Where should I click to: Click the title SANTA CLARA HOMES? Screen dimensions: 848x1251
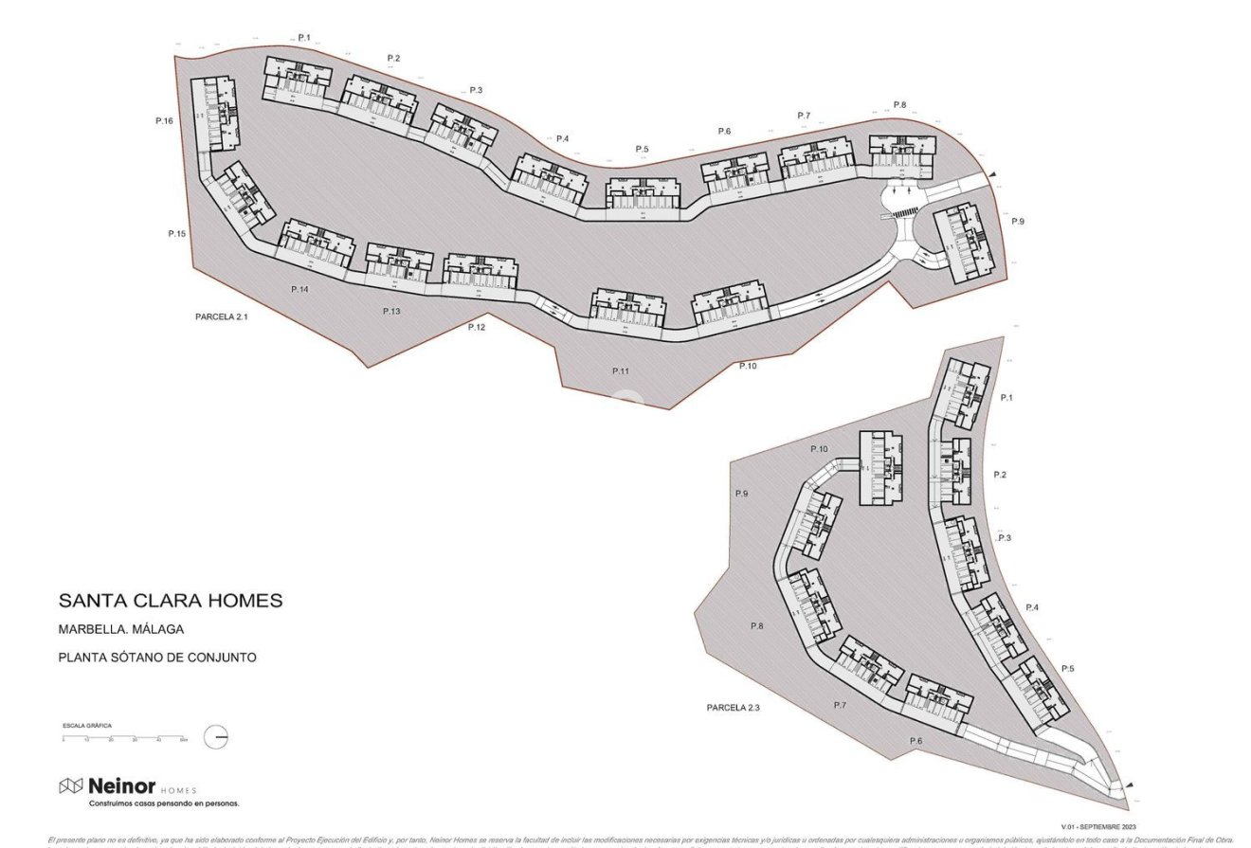(171, 601)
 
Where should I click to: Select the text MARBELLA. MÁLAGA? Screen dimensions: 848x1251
(120, 629)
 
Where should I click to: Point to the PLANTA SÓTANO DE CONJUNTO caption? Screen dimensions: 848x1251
(157, 658)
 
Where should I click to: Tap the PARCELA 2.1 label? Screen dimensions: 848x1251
(221, 316)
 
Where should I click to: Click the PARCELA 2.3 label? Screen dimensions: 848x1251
(733, 708)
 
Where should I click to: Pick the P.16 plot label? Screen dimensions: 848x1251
(164, 121)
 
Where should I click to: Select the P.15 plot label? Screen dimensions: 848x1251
(177, 233)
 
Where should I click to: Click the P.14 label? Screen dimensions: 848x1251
(299, 289)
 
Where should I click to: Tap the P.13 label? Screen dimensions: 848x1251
(391, 311)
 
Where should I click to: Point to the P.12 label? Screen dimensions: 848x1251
(476, 327)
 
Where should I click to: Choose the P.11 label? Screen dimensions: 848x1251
(620, 370)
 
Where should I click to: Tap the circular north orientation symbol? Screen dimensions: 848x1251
(217, 737)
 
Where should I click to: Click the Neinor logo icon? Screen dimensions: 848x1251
(71, 786)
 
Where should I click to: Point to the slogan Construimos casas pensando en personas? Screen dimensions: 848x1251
(164, 803)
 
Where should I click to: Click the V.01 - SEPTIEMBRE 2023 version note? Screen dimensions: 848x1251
(1098, 826)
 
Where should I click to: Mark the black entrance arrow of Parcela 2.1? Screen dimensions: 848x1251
(992, 175)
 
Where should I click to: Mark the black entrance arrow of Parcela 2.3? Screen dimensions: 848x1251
(1127, 785)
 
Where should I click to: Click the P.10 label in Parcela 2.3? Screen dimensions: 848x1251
(819, 449)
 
